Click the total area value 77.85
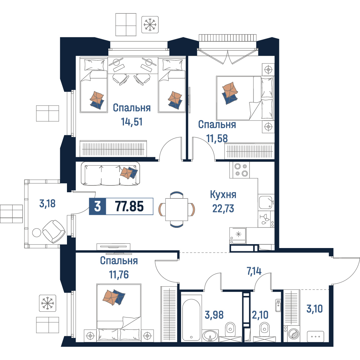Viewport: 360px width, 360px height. coord(130,206)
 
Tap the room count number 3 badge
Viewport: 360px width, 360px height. coord(98,206)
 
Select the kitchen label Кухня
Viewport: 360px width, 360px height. coord(223,195)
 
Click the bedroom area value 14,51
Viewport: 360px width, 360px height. coord(132,122)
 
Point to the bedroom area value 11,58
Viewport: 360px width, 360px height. coord(217,139)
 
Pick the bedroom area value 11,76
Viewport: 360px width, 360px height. coord(119,274)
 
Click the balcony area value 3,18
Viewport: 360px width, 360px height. coord(48,204)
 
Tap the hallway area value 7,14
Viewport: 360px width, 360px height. coord(254,271)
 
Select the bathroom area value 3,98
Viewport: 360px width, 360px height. coord(214,315)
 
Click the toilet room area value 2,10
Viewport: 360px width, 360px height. coord(260,315)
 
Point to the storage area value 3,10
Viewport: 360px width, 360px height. coord(315,309)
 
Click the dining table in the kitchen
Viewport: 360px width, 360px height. coord(176,210)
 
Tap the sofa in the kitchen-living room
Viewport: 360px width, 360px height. coord(111,174)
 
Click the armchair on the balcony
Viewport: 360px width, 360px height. coord(54,231)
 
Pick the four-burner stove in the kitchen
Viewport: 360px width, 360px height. coord(239,170)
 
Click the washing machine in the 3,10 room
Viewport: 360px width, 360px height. coord(292,334)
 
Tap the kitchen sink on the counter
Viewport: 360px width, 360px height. coord(266,202)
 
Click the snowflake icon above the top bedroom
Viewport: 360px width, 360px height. coord(150,24)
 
